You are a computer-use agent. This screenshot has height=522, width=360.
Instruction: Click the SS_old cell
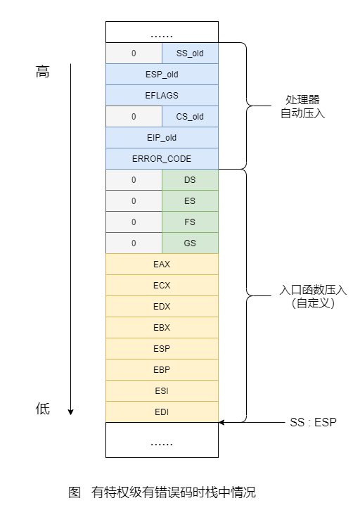coord(190,53)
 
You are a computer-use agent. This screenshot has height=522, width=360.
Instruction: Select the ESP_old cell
coord(162,74)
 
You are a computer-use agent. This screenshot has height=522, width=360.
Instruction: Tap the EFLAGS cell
coord(162,95)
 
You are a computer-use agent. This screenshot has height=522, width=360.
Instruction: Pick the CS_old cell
coord(190,116)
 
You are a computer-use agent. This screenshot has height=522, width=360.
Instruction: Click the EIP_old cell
coord(162,137)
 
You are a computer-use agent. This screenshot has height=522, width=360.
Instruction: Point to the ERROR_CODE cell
coord(162,158)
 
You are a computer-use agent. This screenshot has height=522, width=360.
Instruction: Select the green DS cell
coord(190,179)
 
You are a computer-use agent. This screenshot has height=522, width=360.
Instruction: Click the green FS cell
coord(190,222)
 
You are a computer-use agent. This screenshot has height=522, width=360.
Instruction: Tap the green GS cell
coord(190,243)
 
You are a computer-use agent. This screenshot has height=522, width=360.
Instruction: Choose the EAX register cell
coord(162,264)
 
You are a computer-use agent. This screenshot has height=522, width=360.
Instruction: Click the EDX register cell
coord(162,306)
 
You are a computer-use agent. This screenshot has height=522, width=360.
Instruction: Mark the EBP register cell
coord(162,369)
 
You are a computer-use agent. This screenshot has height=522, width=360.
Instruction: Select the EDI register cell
coord(162,412)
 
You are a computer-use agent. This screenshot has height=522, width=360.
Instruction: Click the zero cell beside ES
coord(134,200)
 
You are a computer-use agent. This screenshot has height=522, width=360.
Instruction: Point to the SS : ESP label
coord(314,423)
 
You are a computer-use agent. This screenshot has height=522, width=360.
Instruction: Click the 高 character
coord(43,72)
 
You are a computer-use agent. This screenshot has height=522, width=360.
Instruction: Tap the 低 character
coord(43,409)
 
